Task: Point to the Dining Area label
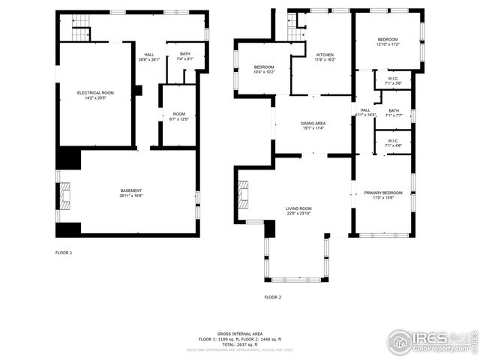pyautogui.click(x=313, y=125)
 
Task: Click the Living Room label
pyautogui.click(x=298, y=211)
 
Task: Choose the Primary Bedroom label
pyautogui.click(x=379, y=195)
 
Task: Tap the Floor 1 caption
pyautogui.click(x=64, y=253)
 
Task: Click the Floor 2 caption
pyautogui.click(x=272, y=297)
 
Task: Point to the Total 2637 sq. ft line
pyautogui.click(x=239, y=343)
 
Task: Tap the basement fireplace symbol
pyautogui.click(x=65, y=196)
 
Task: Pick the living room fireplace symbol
pyautogui.click(x=243, y=194)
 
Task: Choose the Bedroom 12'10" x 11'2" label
pyautogui.click(x=388, y=42)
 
